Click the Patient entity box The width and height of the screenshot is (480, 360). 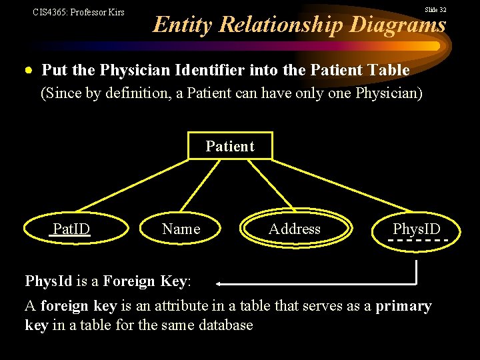[230, 146]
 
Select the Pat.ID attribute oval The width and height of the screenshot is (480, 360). [71, 229]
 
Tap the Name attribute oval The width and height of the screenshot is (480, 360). [181, 229]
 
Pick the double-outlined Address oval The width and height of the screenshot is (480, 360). [294, 229]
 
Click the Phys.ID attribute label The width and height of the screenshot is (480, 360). [417, 229]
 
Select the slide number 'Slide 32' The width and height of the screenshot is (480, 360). [435, 10]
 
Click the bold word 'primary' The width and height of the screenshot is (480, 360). [403, 306]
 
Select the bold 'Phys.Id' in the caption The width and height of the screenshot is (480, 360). [48, 281]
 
